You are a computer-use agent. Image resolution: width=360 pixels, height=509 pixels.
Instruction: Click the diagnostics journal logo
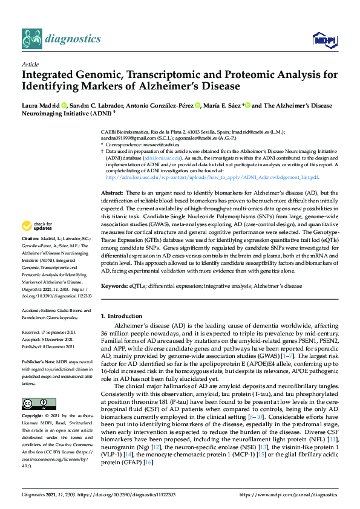[61, 39]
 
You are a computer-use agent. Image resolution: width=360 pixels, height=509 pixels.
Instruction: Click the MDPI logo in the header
[324, 40]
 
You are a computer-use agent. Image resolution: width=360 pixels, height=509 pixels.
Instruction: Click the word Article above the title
[30, 63]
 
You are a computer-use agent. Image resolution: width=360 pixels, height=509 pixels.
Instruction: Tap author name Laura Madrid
[38, 106]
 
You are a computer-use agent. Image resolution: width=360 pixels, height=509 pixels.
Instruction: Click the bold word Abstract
[112, 192]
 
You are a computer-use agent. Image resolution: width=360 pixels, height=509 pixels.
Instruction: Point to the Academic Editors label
[41, 311]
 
